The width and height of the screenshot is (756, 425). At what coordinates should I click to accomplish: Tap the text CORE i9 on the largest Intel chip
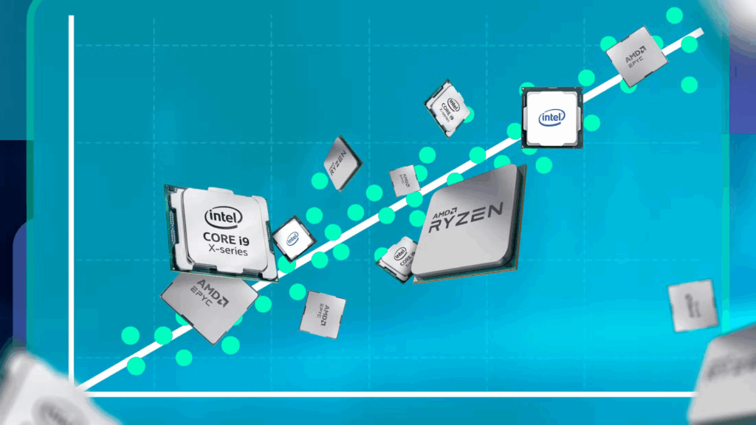226,238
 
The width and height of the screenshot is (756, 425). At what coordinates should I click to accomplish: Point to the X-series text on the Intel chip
226,251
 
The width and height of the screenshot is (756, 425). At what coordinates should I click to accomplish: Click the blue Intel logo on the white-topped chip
551,118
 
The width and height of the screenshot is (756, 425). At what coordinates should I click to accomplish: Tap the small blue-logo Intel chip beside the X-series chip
292,238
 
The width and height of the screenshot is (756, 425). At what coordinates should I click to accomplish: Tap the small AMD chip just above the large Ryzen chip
405,180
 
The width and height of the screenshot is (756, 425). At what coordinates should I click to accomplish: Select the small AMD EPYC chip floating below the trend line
323,314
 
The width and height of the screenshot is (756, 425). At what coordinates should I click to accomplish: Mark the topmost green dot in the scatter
674,15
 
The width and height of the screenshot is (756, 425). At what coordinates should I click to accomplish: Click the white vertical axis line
72,184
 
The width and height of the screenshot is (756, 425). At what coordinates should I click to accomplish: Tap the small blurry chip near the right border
693,305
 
